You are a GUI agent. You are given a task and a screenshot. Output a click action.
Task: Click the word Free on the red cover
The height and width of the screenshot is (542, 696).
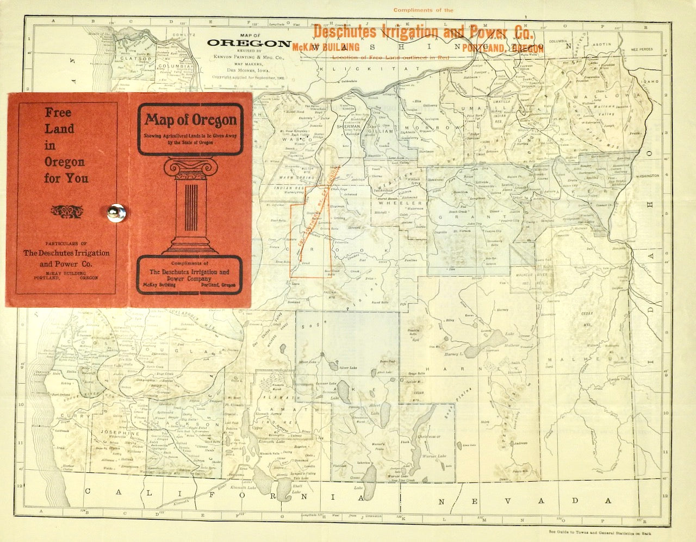pos(58,113)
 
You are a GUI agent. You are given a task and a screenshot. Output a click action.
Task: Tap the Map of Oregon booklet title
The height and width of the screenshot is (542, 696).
pos(190,120)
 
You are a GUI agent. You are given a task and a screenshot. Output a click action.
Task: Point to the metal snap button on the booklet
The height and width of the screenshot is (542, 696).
pos(116,212)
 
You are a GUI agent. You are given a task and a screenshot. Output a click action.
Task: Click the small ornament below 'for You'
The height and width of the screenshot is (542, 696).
pos(66,210)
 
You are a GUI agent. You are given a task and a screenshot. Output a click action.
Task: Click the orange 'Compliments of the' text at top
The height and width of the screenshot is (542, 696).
pos(422,10)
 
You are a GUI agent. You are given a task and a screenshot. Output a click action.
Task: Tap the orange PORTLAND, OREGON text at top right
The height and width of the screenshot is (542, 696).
pos(502,48)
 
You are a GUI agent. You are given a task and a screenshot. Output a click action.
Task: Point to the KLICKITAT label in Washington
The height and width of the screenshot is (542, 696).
pos(369,69)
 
